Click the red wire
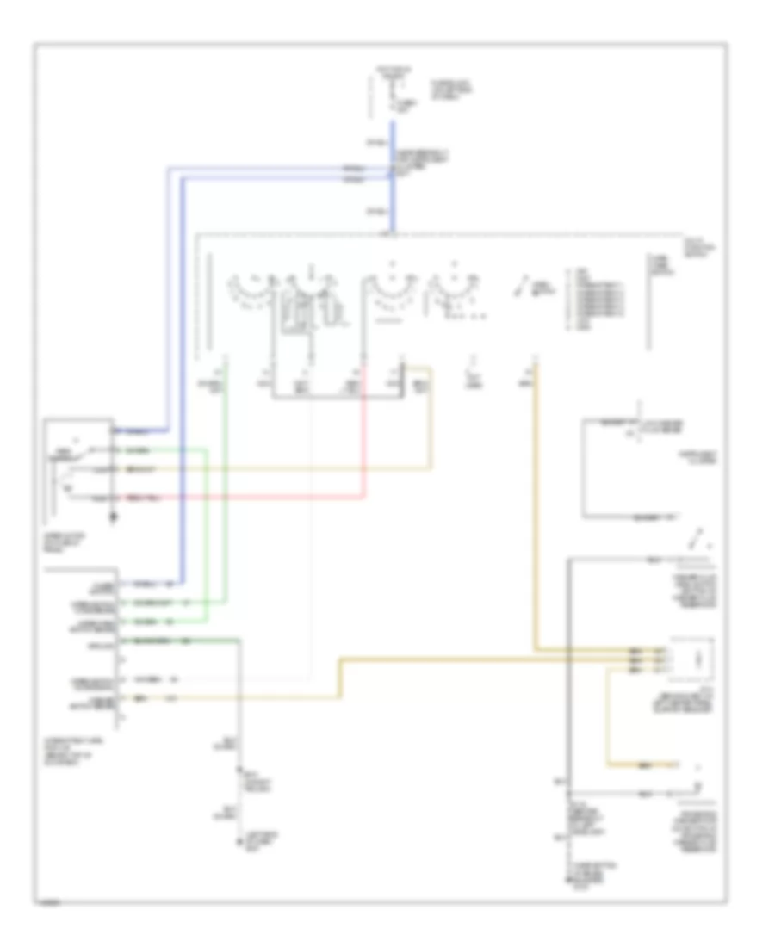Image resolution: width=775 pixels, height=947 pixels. coord(258,498)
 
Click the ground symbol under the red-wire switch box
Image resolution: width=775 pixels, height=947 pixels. coord(113,519)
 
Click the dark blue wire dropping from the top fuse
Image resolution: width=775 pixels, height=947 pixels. coord(393,172)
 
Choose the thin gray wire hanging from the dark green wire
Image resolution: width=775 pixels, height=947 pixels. coord(240,697)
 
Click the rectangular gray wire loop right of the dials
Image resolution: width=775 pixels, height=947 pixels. coord(611,469)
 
